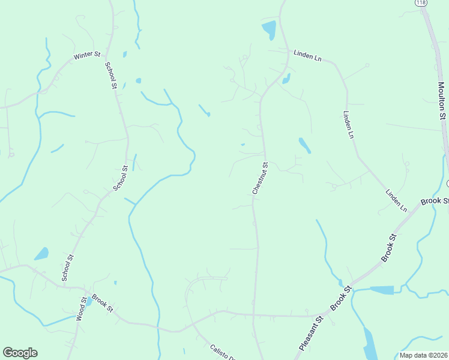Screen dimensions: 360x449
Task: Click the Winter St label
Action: point(87,55)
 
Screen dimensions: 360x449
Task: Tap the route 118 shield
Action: point(421,3)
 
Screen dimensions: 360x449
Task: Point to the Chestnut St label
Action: point(260,177)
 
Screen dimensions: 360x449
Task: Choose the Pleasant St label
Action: point(310,334)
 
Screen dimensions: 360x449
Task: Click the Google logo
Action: point(20,353)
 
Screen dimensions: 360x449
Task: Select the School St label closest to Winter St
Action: point(110,75)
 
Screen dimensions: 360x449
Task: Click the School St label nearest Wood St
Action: point(67,268)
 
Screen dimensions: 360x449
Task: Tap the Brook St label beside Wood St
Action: point(103,304)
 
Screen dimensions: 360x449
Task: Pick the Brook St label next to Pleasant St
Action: point(340,298)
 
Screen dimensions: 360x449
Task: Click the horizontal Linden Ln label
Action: point(308,54)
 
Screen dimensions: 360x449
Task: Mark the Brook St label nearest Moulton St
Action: point(435,200)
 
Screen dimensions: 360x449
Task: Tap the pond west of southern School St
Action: point(41,254)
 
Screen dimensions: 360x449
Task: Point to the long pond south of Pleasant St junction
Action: point(369,343)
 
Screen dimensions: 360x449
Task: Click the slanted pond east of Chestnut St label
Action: point(305,145)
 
